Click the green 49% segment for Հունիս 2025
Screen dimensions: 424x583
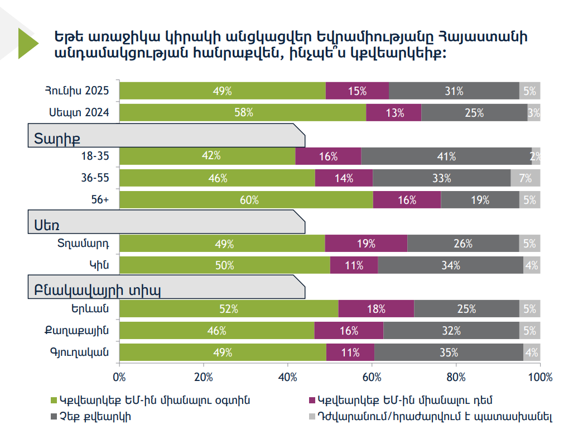223,91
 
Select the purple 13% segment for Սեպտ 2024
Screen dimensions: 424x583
394,112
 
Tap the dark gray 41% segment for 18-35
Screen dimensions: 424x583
446,156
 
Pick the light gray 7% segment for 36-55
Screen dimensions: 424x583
525,178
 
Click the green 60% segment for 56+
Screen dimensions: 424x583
246,200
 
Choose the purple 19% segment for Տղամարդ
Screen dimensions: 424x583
366,244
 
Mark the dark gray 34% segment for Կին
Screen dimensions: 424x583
450,265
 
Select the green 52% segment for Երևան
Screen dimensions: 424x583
229,309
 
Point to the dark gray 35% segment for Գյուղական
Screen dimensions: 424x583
448,352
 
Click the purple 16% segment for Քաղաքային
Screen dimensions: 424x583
349,331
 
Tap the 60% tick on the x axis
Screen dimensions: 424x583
372,377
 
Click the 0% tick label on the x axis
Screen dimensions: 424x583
119,377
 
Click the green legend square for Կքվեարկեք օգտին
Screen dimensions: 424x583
54,400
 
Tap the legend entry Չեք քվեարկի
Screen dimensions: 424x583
95,416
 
